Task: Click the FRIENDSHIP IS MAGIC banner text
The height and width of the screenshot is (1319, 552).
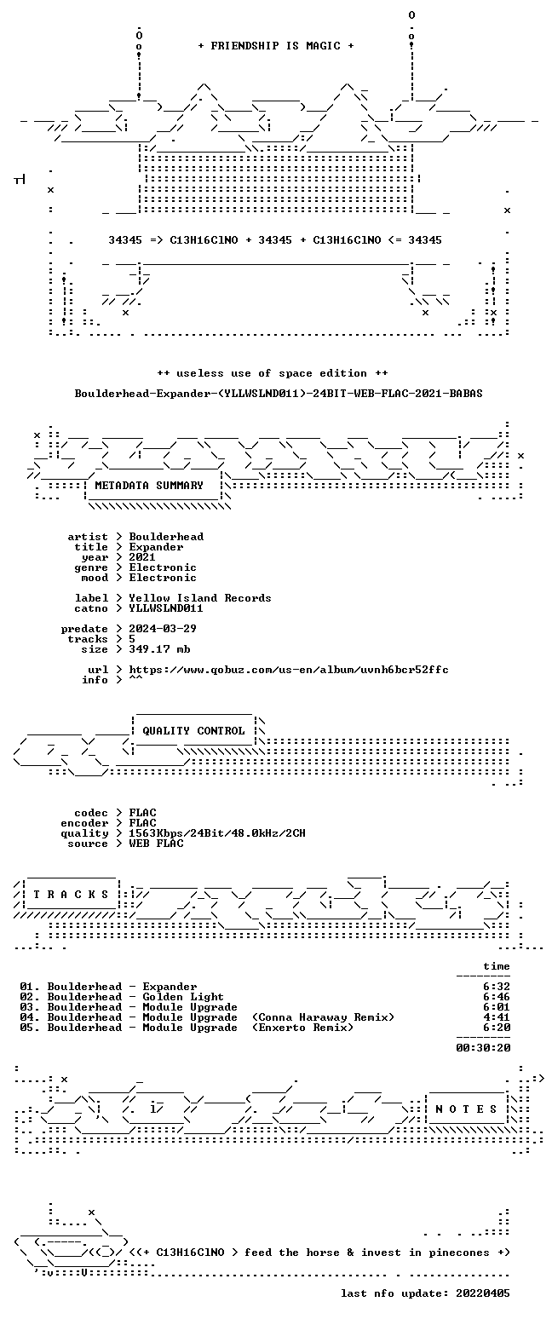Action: pyautogui.click(x=276, y=46)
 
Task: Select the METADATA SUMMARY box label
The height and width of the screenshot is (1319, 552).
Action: pyautogui.click(x=149, y=485)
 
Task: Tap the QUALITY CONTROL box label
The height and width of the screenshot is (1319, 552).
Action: pyautogui.click(x=193, y=731)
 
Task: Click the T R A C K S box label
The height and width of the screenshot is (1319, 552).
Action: pyautogui.click(x=72, y=895)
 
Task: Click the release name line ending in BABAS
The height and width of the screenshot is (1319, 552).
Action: pyautogui.click(x=279, y=394)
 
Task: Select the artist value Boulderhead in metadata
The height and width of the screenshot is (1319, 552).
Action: pyautogui.click(x=167, y=537)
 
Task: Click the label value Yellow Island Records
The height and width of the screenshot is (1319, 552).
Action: pyautogui.click(x=200, y=598)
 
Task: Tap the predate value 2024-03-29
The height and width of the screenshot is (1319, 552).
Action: pyautogui.click(x=163, y=629)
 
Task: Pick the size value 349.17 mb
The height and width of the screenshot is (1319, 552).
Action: pyautogui.click(x=159, y=649)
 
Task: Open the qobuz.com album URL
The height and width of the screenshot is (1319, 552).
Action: pyautogui.click(x=289, y=670)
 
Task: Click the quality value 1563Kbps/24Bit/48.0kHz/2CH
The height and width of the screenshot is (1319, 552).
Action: pyautogui.click(x=217, y=833)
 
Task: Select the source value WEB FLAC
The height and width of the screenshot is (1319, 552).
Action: pyautogui.click(x=156, y=844)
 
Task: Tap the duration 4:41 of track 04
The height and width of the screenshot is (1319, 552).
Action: pyautogui.click(x=497, y=1017)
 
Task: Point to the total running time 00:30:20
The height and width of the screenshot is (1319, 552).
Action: pyautogui.click(x=483, y=1047)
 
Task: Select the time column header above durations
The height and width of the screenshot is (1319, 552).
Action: pyautogui.click(x=497, y=966)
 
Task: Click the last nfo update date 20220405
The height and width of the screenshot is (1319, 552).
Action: pyautogui.click(x=483, y=1293)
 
